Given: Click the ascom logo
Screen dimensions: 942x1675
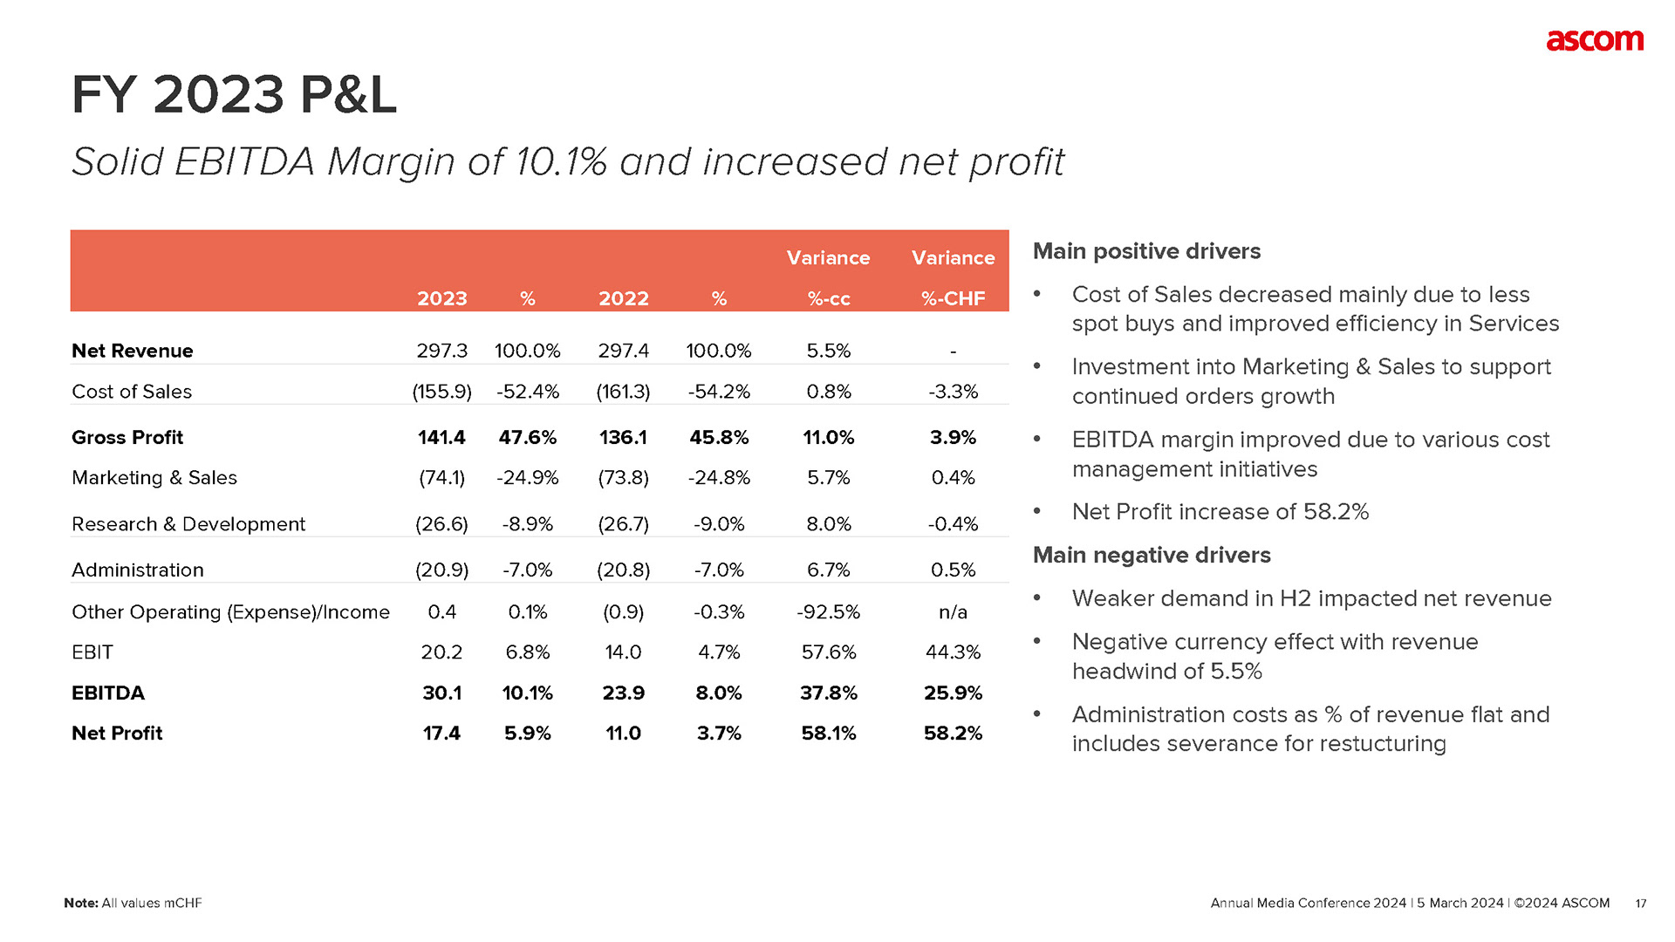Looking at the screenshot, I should click(1594, 41).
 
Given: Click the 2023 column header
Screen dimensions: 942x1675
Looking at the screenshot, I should click(442, 298).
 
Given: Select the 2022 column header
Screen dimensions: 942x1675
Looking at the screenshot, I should click(624, 298).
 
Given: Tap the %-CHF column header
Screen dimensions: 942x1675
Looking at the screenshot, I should click(953, 298).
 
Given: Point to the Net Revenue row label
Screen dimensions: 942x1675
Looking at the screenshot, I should click(133, 351).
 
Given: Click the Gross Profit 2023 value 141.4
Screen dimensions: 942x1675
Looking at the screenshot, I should click(441, 437).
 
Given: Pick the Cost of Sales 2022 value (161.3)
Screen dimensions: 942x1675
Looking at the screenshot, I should click(623, 392).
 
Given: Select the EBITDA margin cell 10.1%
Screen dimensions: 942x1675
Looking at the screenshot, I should click(527, 693).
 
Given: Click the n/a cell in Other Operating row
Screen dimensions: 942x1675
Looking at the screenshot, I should click(953, 612).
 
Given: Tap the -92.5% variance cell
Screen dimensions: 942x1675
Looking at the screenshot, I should click(828, 612).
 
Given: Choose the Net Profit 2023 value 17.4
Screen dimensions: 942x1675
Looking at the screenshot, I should click(441, 733).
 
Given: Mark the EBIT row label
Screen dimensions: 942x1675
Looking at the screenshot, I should click(92, 652).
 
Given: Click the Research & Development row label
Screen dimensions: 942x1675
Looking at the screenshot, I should click(188, 524).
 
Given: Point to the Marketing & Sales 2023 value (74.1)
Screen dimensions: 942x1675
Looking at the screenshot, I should click(441, 478).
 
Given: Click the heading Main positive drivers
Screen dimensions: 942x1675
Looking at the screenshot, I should click(1146, 251).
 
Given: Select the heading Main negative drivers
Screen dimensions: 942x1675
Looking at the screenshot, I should click(1152, 555).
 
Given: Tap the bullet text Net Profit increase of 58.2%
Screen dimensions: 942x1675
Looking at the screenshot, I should click(1220, 511).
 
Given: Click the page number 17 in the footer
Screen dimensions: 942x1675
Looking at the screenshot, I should click(1640, 904).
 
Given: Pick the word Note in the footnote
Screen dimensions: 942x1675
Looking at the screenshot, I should click(80, 904).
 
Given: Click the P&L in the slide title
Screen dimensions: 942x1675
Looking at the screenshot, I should click(347, 94).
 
